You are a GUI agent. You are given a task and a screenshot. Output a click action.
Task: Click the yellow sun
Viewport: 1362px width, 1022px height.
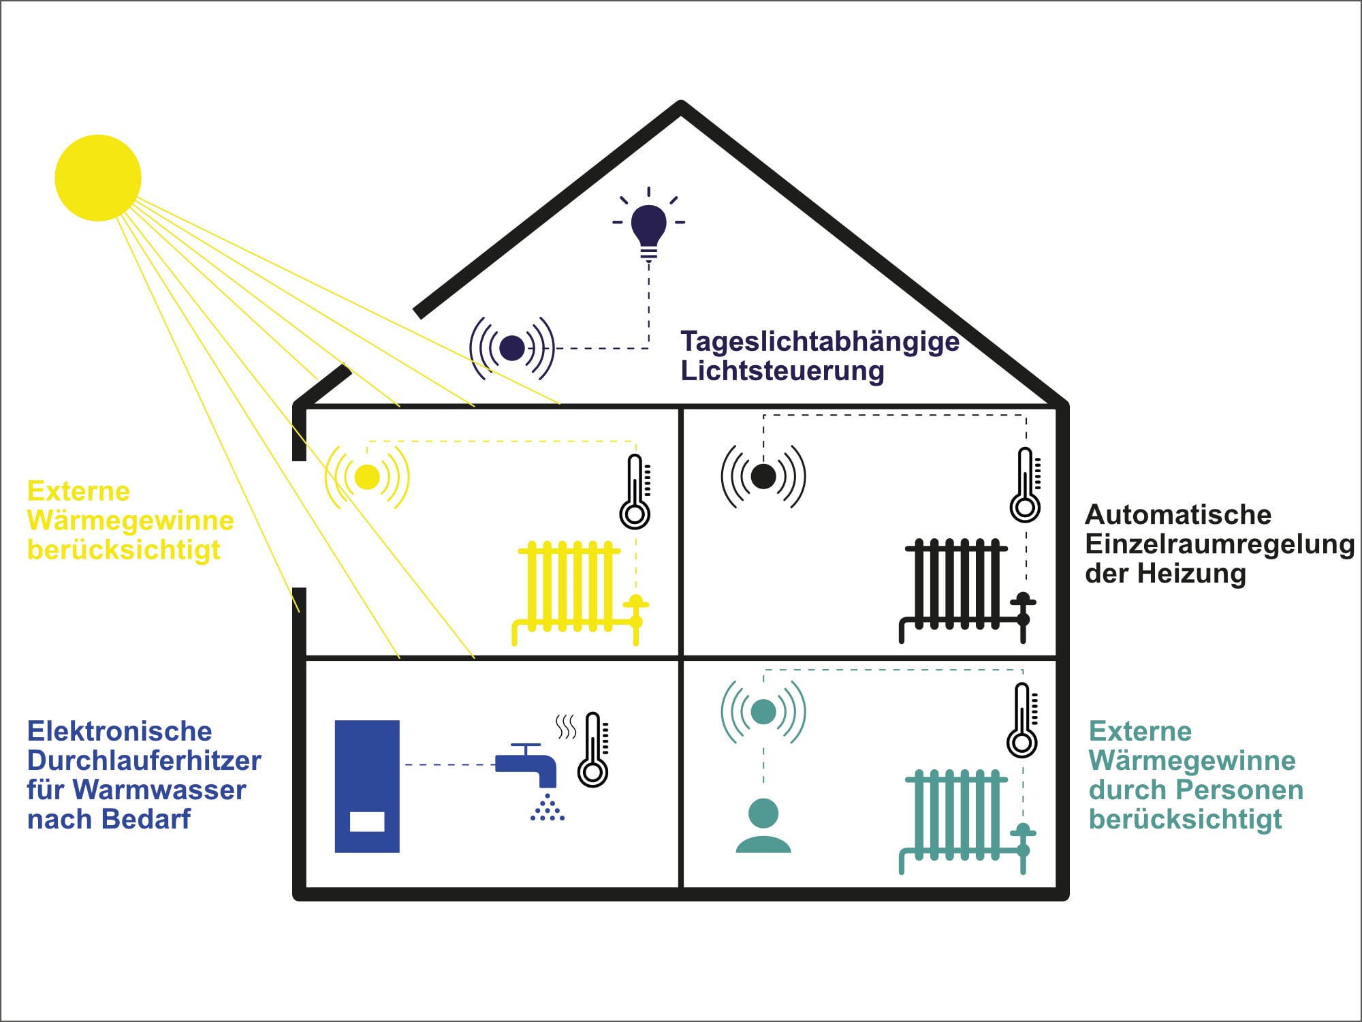(x=98, y=178)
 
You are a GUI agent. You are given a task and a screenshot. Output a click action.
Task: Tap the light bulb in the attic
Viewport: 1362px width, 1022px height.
(x=648, y=228)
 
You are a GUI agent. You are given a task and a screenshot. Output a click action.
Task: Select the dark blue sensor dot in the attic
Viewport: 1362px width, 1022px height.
(x=512, y=348)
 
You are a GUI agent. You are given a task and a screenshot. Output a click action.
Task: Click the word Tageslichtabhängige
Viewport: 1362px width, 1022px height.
(x=820, y=341)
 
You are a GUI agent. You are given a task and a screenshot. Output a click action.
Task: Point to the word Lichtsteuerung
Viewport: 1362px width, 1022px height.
(x=782, y=371)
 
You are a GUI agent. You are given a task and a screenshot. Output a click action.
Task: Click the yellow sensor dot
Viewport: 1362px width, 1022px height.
(x=367, y=477)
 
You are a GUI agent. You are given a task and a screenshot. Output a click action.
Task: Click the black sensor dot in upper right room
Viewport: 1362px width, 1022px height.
(x=763, y=476)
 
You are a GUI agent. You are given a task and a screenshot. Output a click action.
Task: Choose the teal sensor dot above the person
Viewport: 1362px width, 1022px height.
(x=763, y=712)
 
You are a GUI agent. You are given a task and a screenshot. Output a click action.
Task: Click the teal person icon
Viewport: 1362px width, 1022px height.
(x=763, y=826)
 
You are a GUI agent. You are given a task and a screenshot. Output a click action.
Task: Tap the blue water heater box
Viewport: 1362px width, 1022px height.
(x=367, y=786)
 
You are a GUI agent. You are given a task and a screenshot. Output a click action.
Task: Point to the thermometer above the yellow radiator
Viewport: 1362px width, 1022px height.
(x=635, y=492)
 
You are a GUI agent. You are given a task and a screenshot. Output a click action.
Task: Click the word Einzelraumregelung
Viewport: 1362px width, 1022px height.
(x=1219, y=544)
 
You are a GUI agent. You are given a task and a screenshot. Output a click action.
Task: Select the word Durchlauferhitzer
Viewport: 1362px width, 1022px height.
(x=144, y=761)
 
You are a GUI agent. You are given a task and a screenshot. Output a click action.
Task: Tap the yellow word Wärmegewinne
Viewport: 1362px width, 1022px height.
(x=131, y=521)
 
